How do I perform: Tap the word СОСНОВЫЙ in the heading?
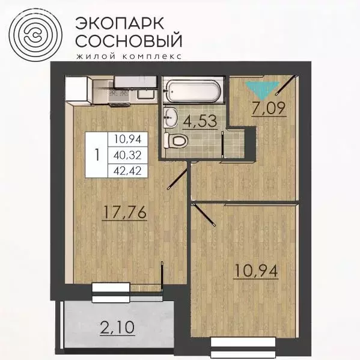(128, 42)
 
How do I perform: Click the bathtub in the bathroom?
(193, 91)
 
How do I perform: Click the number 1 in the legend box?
(96, 154)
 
